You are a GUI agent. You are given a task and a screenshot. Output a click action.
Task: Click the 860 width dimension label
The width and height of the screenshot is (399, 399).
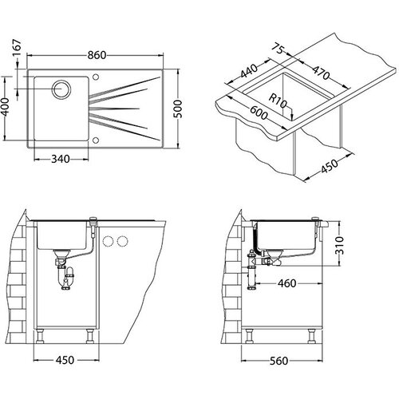(x=97, y=55)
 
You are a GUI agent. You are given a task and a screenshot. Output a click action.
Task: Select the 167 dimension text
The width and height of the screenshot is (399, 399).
(x=17, y=48)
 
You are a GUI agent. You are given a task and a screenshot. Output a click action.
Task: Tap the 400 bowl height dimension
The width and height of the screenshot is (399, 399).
(x=5, y=108)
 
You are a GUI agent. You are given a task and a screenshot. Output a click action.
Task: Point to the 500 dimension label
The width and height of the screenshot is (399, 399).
(x=177, y=109)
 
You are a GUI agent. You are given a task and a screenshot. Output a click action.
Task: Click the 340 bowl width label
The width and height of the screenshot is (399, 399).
(x=61, y=159)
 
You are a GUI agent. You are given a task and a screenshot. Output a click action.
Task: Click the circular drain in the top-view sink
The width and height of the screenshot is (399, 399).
(x=61, y=89)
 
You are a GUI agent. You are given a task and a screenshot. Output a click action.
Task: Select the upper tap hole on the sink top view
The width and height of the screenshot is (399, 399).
(x=96, y=77)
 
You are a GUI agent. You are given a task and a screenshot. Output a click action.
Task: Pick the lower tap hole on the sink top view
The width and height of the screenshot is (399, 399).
(x=96, y=140)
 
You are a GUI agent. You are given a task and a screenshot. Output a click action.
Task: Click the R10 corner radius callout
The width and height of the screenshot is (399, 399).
(x=278, y=101)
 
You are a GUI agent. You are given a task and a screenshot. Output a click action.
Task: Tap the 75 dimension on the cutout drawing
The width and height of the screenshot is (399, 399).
(x=279, y=49)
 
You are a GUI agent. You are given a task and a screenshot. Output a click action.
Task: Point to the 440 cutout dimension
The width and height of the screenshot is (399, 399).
(x=249, y=71)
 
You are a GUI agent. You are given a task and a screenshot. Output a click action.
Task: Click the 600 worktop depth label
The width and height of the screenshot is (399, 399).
(x=259, y=113)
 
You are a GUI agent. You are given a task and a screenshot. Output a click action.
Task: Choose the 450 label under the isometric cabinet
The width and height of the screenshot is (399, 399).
(x=330, y=166)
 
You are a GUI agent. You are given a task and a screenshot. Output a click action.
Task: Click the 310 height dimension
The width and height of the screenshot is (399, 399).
(x=340, y=245)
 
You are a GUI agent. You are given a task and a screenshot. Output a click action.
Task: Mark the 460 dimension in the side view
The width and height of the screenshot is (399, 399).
(x=286, y=283)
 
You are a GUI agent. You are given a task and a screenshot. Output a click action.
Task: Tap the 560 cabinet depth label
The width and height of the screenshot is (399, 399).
(x=279, y=361)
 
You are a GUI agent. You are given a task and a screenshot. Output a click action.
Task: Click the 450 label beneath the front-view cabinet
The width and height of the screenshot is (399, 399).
(x=65, y=360)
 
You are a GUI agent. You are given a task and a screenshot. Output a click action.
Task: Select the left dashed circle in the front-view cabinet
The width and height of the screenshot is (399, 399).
(x=108, y=241)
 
